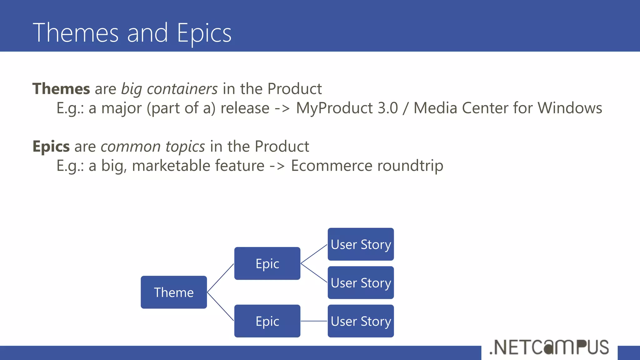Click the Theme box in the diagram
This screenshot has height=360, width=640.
(174, 292)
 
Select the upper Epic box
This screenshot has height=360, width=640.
(267, 263)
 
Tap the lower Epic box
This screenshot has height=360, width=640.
(267, 321)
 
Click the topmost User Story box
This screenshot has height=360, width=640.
(361, 244)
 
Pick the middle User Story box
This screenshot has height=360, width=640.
(361, 282)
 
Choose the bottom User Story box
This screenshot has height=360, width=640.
(361, 321)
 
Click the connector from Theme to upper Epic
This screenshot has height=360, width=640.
(221, 278)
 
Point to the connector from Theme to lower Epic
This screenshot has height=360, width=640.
(221, 307)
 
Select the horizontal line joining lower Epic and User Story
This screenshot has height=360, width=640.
(314, 321)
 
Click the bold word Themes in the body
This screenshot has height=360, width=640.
(61, 89)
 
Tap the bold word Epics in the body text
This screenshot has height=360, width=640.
(51, 146)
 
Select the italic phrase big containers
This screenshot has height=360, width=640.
(169, 89)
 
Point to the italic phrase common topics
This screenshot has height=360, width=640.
(153, 146)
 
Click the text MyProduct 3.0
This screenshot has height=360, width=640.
(347, 108)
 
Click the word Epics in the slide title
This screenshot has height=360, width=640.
(204, 33)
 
